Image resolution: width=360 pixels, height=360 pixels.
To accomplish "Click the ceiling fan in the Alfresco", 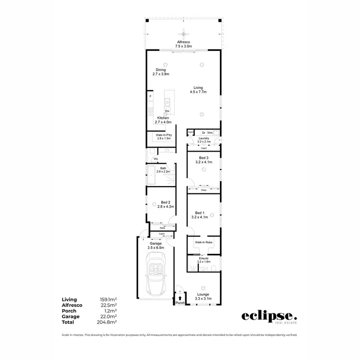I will click(x=183, y=34).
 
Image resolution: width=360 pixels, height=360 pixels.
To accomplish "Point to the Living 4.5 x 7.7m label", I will click(x=198, y=89).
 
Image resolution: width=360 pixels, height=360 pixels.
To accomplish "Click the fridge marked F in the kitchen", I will click(x=150, y=97).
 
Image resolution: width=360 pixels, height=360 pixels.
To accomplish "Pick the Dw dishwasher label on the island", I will click(x=167, y=110).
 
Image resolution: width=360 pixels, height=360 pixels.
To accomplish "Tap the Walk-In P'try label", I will click(x=164, y=137).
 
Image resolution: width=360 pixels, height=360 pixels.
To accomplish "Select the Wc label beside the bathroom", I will click(x=156, y=159).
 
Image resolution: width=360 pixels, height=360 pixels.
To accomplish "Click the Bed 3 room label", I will click(x=204, y=160).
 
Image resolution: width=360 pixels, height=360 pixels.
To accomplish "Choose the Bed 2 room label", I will click(x=165, y=204).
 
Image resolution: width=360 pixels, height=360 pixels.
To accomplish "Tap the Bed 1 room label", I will click(x=203, y=215).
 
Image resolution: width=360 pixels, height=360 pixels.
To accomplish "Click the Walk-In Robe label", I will click(x=204, y=243).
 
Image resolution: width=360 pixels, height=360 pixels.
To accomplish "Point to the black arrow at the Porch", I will click(x=180, y=298).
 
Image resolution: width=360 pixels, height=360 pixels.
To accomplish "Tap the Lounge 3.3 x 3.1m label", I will click(x=204, y=296).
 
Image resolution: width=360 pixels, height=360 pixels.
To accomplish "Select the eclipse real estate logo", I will click(x=268, y=317).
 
